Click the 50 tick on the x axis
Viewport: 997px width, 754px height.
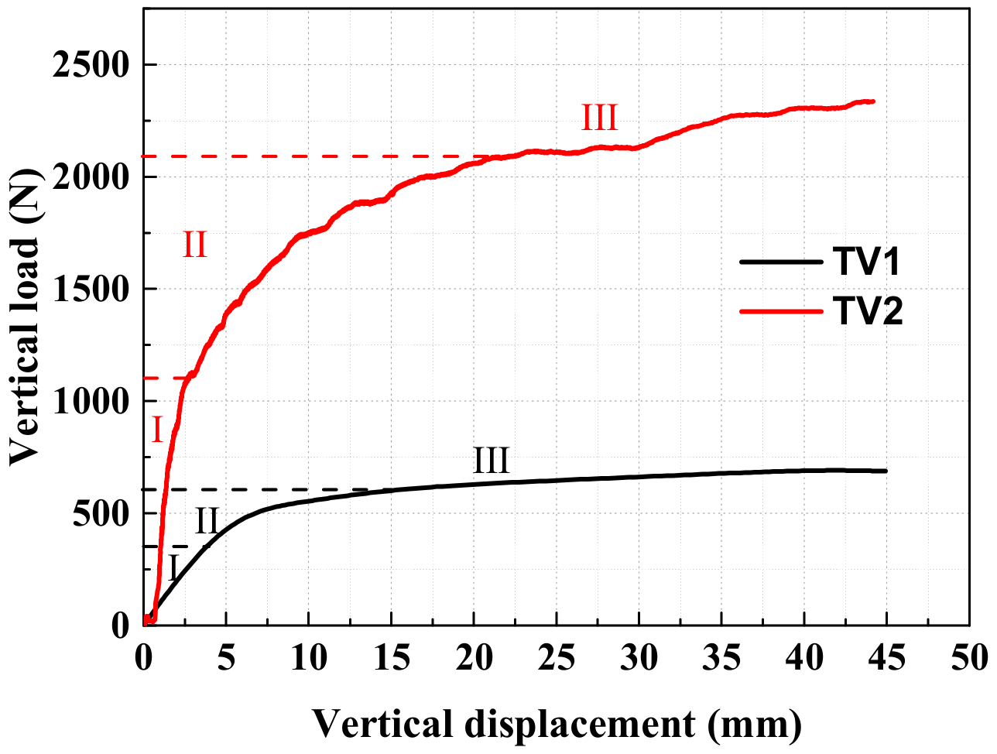click(969, 658)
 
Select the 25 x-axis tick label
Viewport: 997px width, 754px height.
click(557, 658)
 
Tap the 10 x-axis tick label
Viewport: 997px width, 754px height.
click(308, 658)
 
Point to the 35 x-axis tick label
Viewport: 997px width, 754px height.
click(721, 658)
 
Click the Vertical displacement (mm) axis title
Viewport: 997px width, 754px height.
click(557, 725)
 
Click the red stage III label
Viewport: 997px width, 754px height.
click(599, 119)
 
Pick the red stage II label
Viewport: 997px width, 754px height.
click(194, 245)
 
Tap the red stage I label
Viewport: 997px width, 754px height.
click(157, 430)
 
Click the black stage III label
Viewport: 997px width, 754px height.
click(492, 461)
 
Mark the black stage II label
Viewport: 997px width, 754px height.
click(206, 520)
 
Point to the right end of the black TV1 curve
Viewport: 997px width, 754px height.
click(886, 471)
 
